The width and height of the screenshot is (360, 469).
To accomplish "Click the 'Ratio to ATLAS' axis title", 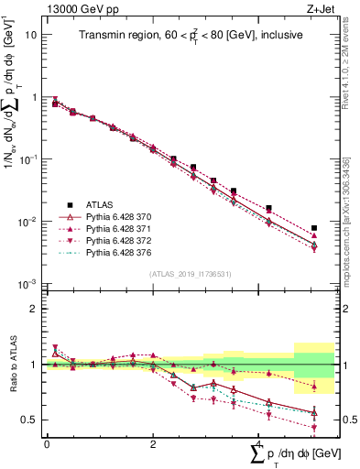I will [x=13, y=365].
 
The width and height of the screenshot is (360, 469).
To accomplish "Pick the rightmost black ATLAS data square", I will [x=314, y=228].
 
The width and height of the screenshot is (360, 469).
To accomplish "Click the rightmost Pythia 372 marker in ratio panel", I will [x=314, y=428].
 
